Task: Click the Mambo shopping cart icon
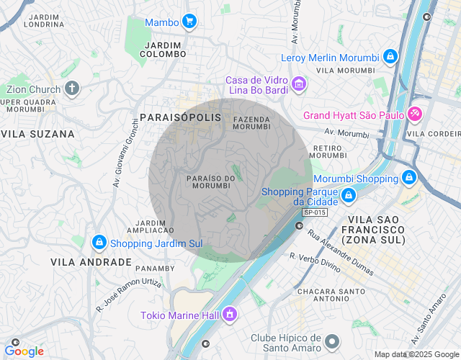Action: click(189, 22)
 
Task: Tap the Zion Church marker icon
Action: click(71, 89)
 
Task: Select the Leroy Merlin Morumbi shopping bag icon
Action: click(390, 56)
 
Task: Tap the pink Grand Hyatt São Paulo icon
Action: click(414, 114)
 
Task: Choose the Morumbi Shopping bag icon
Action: click(408, 177)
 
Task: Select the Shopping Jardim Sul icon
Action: click(100, 243)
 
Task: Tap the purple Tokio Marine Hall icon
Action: click(229, 314)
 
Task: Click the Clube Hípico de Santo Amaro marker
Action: click(331, 341)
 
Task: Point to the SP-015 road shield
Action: click(314, 212)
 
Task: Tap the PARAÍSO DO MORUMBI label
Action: click(210, 181)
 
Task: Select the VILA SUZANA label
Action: click(37, 134)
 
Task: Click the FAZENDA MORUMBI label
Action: click(251, 122)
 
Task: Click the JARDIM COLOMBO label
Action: click(162, 49)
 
